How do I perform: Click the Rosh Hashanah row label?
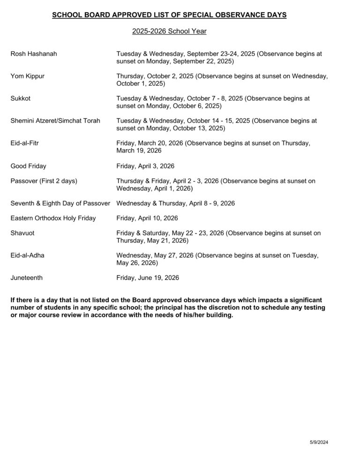coord(34,54)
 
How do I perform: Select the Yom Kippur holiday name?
coord(28,76)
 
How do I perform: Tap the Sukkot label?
coord(21,98)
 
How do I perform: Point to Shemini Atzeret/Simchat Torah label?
coord(55,120)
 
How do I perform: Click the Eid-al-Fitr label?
coord(24,143)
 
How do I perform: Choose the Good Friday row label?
coord(28,166)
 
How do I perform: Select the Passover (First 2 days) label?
coord(44,180)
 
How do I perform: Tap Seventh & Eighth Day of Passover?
coord(60,203)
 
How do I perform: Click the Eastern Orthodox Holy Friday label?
coord(53,218)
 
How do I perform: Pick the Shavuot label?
coord(22,233)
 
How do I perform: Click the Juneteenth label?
coord(27,278)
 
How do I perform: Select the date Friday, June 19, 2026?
coord(148,278)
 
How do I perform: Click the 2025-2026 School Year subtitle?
coord(169,31)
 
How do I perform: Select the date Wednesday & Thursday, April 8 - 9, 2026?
coord(175,203)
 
